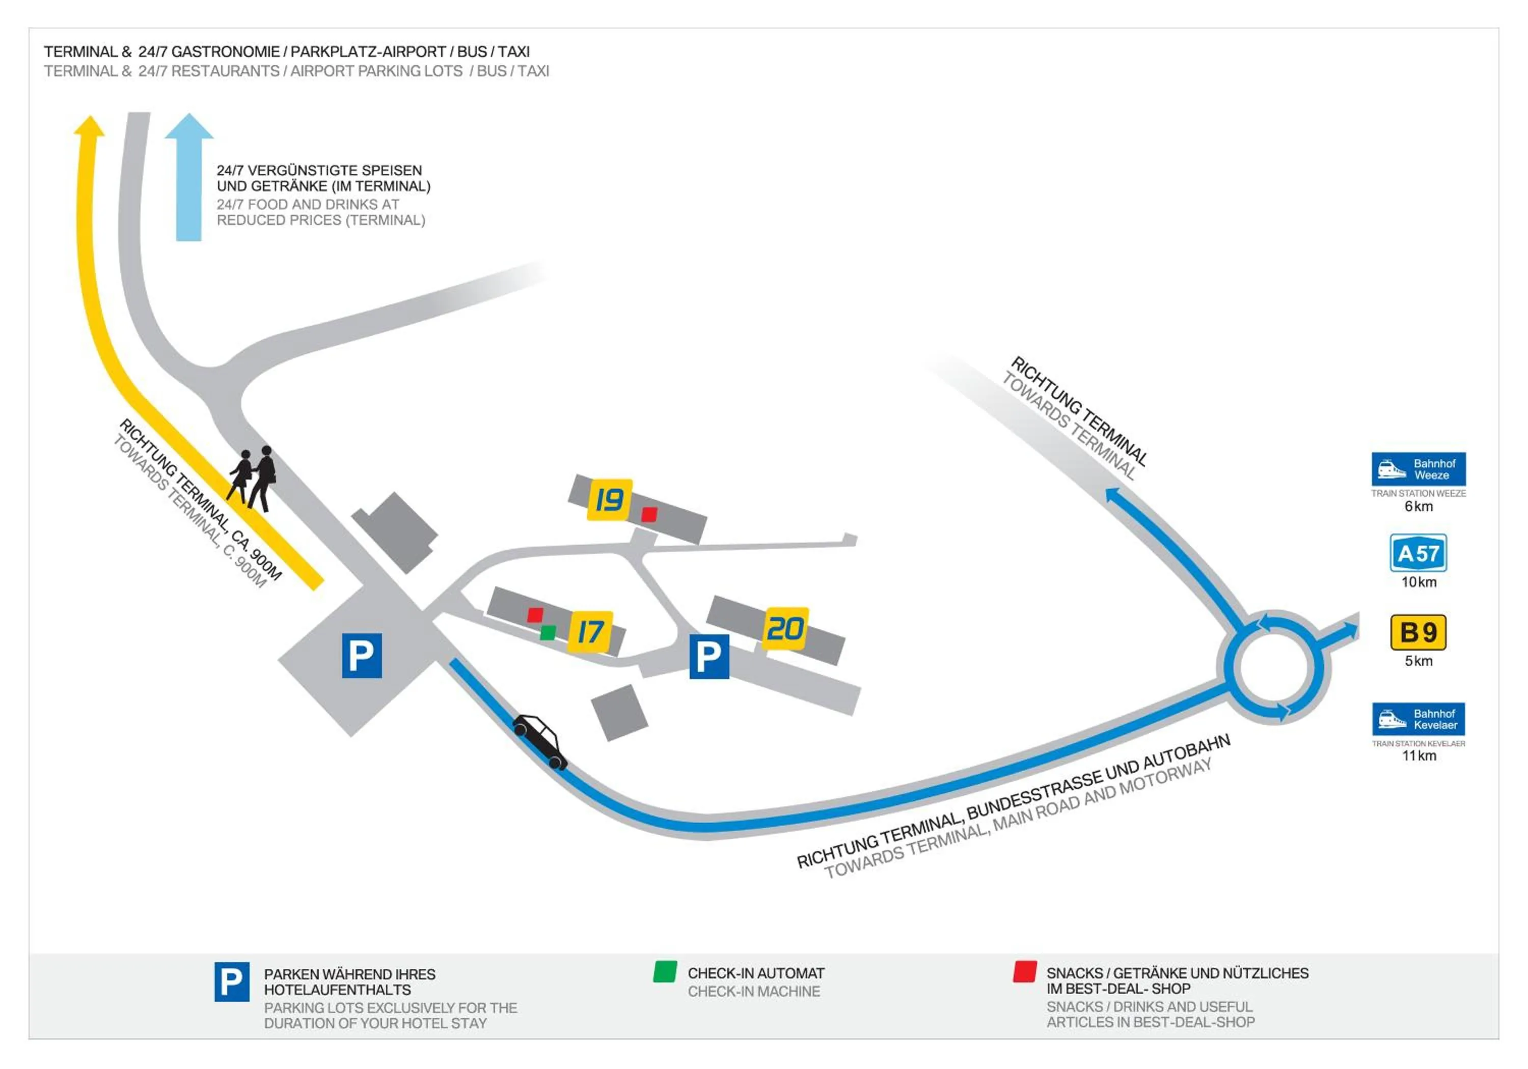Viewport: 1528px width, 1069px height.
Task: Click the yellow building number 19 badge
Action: click(x=609, y=499)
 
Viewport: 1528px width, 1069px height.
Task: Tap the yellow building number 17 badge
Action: click(x=590, y=631)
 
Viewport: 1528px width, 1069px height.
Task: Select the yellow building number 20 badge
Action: click(x=785, y=628)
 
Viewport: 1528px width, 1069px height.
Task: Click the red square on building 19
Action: click(x=649, y=514)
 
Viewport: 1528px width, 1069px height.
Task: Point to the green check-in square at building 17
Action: click(x=548, y=632)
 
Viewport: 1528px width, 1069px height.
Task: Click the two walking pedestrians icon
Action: click(x=254, y=479)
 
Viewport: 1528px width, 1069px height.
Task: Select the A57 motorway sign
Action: click(x=1418, y=553)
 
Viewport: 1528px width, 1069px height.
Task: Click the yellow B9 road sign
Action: click(x=1418, y=632)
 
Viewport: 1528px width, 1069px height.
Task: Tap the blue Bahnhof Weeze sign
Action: click(x=1418, y=469)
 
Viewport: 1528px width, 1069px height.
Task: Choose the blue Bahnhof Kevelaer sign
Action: click(x=1418, y=719)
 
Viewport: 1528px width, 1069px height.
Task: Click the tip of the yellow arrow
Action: click(x=89, y=121)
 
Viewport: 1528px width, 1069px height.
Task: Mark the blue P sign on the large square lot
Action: click(x=361, y=655)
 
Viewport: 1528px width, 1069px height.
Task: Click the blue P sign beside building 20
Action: click(x=709, y=657)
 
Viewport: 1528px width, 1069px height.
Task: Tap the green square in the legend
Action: click(x=665, y=971)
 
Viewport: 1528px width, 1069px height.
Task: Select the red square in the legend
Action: click(x=1024, y=971)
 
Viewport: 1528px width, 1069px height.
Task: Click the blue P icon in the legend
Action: click(x=232, y=981)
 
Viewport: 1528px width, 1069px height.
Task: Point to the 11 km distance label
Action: click(x=1419, y=756)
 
